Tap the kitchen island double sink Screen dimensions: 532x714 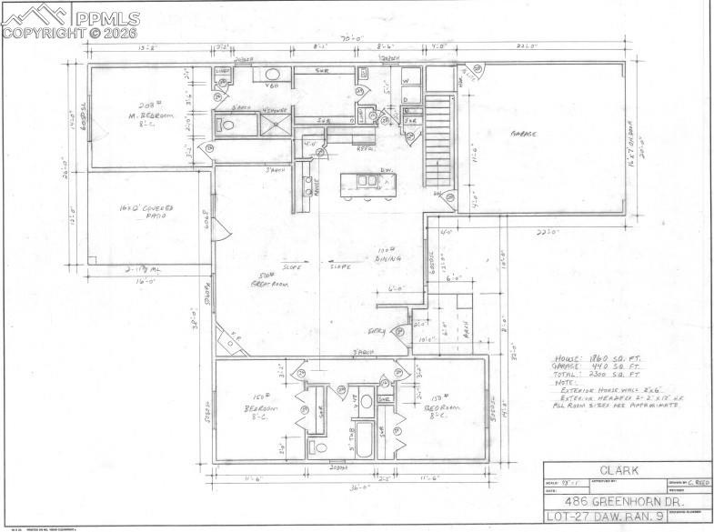tap(367, 180)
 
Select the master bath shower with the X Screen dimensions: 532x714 tap(277, 125)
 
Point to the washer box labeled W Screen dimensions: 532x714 tap(406, 78)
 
